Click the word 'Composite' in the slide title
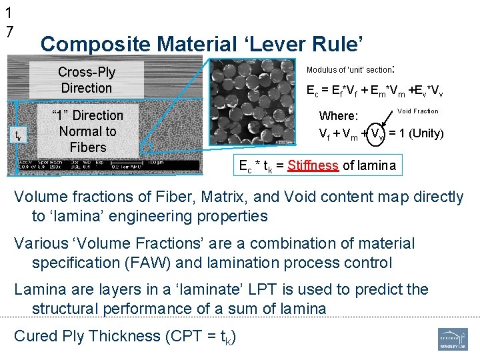pos(95,45)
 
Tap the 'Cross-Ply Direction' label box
pos(86,80)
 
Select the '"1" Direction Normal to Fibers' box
pos(87,131)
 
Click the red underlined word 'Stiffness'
pos(313,165)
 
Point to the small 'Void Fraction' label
pos(418,111)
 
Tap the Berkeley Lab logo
pos(453,339)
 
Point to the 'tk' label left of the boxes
pos(18,137)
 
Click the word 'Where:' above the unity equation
pos(339,116)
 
